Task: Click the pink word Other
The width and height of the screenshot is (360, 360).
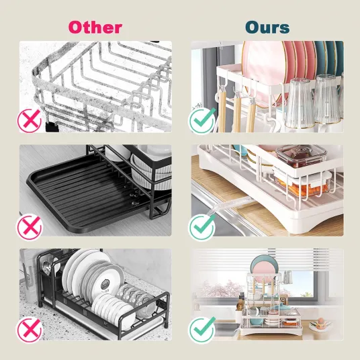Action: pyautogui.click(x=95, y=28)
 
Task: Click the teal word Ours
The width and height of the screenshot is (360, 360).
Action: pyautogui.click(x=267, y=28)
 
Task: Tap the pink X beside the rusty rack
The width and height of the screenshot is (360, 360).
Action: pyautogui.click(x=29, y=121)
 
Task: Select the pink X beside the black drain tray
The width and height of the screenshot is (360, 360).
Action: pyautogui.click(x=29, y=227)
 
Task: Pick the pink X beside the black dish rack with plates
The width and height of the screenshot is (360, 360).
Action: pyautogui.click(x=29, y=330)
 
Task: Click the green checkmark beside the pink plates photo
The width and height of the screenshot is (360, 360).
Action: pyautogui.click(x=202, y=121)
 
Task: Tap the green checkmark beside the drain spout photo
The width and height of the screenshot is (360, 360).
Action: pyautogui.click(x=202, y=227)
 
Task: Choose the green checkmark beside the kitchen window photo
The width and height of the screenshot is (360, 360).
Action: pyautogui.click(x=202, y=330)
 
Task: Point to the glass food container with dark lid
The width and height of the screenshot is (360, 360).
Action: pyautogui.click(x=301, y=156)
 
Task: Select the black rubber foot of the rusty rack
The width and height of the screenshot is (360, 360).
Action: pyautogui.click(x=52, y=126)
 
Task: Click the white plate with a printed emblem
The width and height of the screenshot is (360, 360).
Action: pyautogui.click(x=108, y=282)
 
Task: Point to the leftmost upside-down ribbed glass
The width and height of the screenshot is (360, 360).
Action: pyautogui.click(x=299, y=103)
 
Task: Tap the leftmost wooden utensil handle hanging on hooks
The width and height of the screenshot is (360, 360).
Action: pyautogui.click(x=222, y=109)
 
